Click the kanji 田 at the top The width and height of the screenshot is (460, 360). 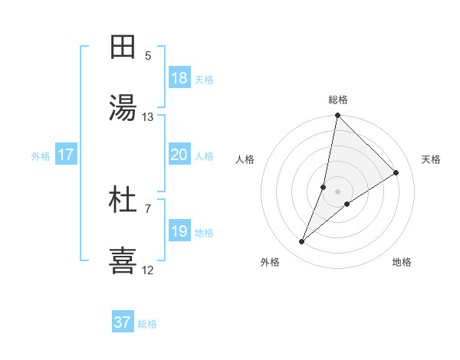click(123, 47)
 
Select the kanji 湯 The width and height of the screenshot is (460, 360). click(123, 108)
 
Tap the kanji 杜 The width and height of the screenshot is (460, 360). click(123, 200)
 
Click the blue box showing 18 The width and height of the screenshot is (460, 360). click(179, 78)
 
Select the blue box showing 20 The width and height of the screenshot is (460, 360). click(179, 155)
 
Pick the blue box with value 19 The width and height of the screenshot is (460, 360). click(179, 231)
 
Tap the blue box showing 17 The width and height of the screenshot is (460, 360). click(66, 155)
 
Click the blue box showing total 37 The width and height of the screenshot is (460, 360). click(123, 322)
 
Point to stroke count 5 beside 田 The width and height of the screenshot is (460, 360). click(148, 56)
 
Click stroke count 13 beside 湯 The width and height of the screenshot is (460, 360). click(148, 117)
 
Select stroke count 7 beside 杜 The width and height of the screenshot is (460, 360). click(148, 208)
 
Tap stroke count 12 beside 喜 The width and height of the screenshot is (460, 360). click(148, 270)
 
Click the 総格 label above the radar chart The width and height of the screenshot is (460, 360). click(338, 100)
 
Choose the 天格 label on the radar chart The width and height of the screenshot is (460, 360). click(431, 159)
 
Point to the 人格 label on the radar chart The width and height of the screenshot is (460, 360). click(245, 159)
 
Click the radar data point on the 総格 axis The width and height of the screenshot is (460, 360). click(338, 116)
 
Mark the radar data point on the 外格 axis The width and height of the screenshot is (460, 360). click(302, 242)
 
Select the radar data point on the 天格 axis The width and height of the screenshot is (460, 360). click(396, 173)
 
